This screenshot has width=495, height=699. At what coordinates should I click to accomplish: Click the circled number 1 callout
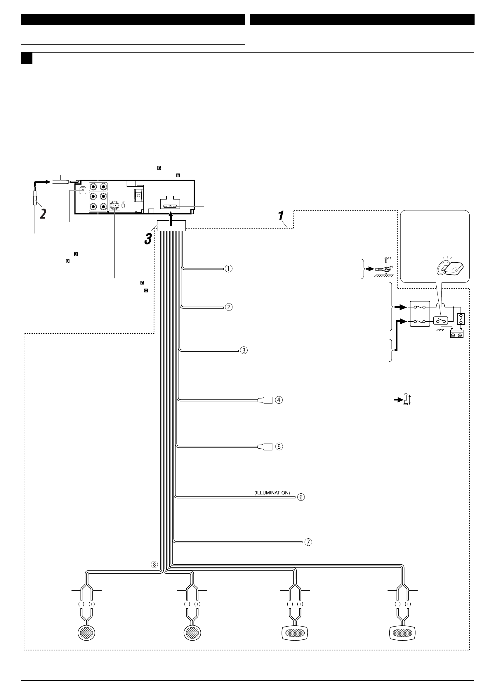pos(229,268)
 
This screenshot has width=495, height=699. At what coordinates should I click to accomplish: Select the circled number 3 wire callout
pos(244,350)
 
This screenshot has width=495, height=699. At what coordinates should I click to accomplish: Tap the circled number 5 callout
pos(279,447)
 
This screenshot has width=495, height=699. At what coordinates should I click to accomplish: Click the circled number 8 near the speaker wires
pos(155,564)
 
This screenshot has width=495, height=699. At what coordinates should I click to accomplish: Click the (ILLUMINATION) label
pos(272,492)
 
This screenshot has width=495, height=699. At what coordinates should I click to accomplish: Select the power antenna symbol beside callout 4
pos(407,399)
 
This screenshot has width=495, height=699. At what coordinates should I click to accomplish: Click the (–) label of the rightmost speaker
pos(397,604)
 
